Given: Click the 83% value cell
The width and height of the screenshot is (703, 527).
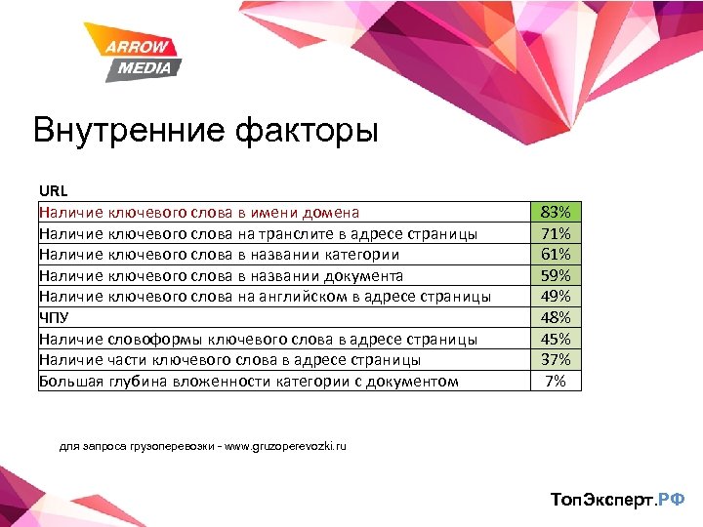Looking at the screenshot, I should (555, 212).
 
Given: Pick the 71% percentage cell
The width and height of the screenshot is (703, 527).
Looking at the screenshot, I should (555, 233).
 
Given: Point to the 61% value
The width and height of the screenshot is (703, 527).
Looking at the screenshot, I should (555, 255).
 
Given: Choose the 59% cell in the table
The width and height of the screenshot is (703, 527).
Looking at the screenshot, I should (555, 275).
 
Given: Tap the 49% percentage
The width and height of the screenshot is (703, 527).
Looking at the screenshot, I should (555, 297).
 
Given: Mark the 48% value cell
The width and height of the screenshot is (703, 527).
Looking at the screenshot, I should (555, 317).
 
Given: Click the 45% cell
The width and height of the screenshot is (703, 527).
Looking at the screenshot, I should (555, 339).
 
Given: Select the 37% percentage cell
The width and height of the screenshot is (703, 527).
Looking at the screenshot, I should (555, 359).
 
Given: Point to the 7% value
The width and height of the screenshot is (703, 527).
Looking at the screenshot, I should (555, 381).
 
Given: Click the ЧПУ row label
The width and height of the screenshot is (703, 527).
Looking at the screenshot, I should (53, 317).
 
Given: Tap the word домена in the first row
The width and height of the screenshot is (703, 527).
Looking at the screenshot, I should (330, 212).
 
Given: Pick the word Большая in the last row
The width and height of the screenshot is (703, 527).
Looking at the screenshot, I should (69, 381).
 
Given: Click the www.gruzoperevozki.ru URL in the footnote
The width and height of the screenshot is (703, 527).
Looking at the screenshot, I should (284, 446).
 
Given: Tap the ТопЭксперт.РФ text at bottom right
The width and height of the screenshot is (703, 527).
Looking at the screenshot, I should (618, 500).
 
